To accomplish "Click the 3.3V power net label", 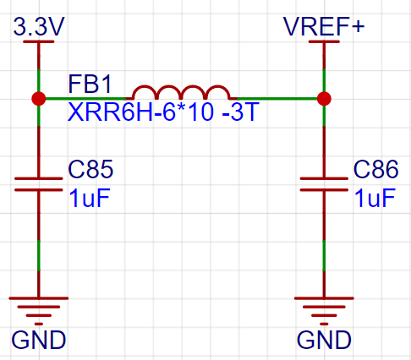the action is click(x=39, y=26).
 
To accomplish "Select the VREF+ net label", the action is click(x=324, y=26).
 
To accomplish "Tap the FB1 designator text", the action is click(x=90, y=84).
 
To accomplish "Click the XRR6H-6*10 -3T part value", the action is click(x=163, y=112).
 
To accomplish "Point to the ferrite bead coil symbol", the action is click(x=181, y=92).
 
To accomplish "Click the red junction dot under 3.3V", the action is click(x=39, y=99).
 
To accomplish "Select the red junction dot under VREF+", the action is click(x=324, y=99).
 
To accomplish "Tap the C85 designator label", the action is click(x=90, y=169).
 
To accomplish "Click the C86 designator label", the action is click(x=375, y=169).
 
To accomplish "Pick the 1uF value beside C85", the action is click(x=89, y=198).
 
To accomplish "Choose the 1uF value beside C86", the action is click(x=375, y=198).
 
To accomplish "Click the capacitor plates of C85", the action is click(x=39, y=184).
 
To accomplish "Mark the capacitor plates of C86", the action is click(x=324, y=184).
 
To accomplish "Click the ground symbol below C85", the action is click(x=39, y=311).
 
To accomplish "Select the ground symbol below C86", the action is click(x=324, y=311).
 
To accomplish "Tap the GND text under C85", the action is click(x=39, y=341).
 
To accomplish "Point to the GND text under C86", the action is click(x=324, y=341).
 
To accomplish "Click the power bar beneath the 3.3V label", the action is click(x=39, y=41).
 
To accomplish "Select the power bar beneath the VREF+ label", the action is click(x=324, y=41).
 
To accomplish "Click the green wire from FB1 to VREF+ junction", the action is click(x=277, y=99).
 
